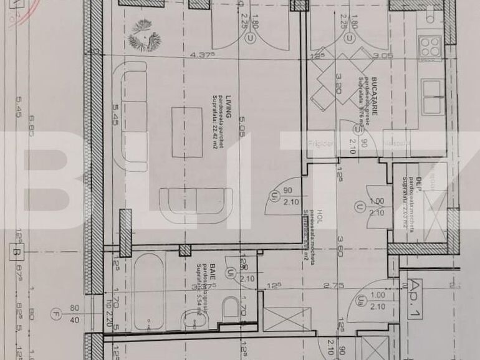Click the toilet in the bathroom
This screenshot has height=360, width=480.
[x=231, y=308]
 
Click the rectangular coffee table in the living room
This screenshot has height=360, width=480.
[x=187, y=131]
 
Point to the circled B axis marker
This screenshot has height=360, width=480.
[x=14, y=253]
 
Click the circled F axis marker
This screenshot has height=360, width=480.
[x=57, y=314]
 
